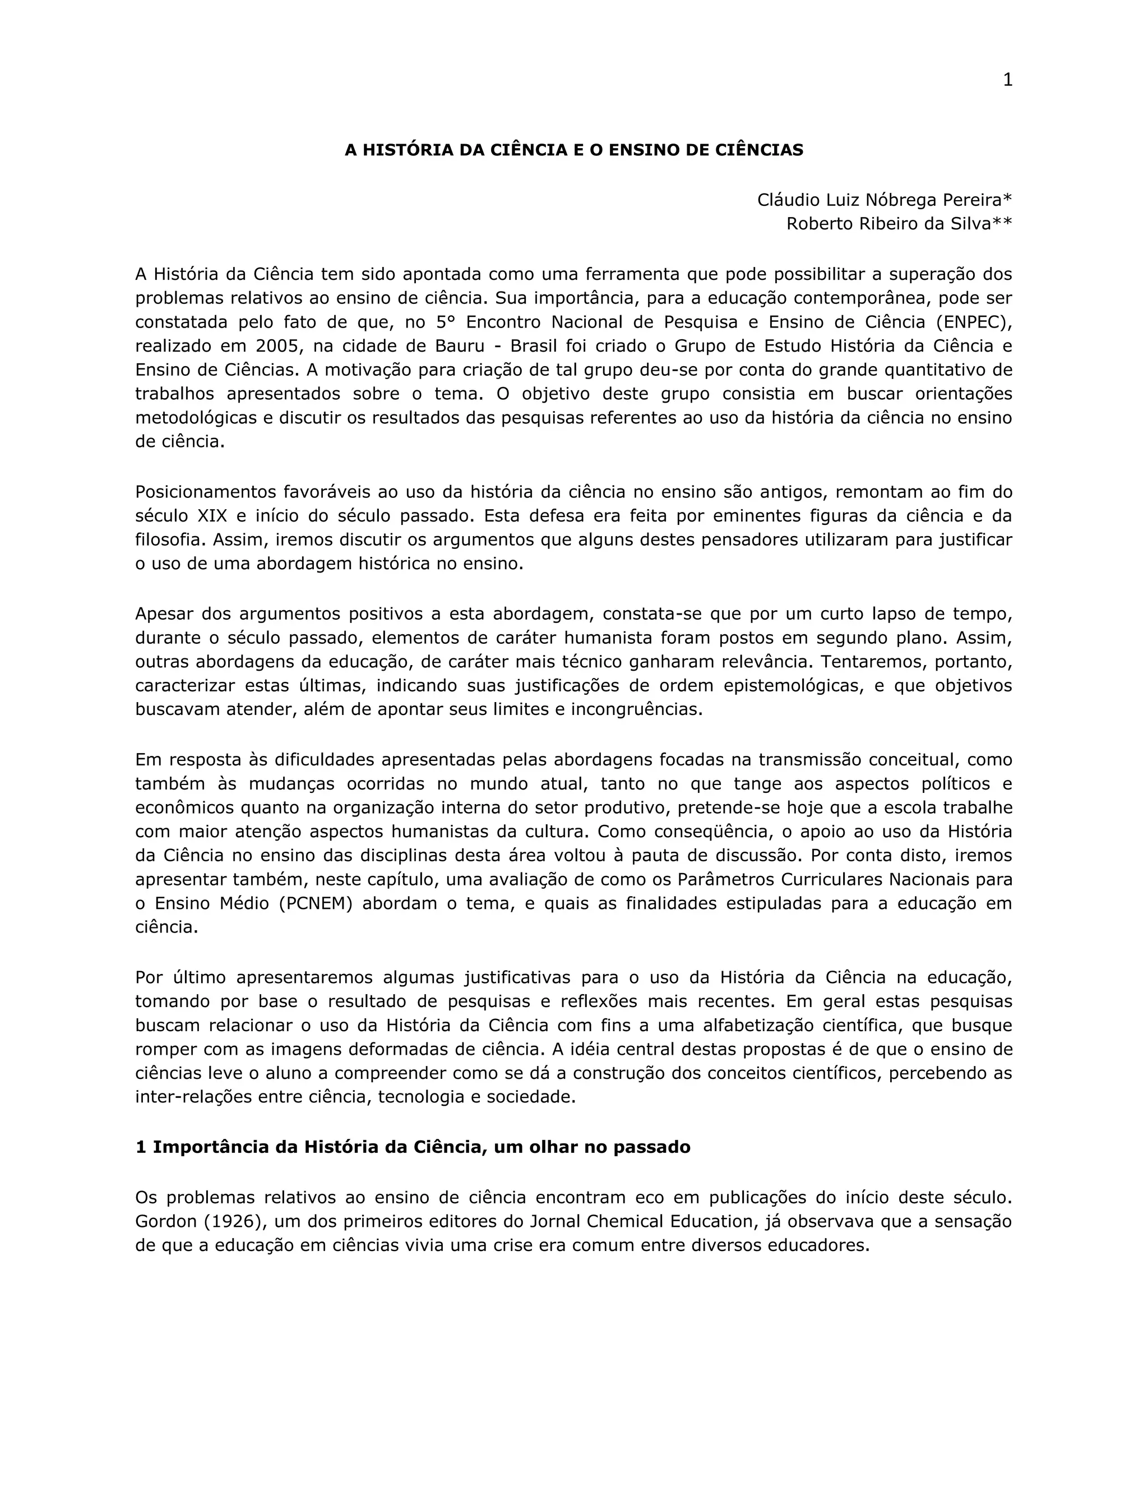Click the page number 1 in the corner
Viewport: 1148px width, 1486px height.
(x=1007, y=80)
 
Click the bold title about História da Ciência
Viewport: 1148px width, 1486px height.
(x=573, y=150)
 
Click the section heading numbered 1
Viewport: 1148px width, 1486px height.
(x=413, y=1147)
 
